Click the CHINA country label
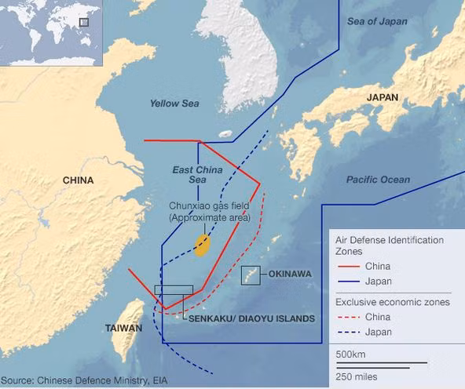(x=78, y=180)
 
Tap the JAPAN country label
(x=382, y=97)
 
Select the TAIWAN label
(x=123, y=329)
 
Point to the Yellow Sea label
(x=174, y=104)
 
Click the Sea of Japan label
(x=378, y=21)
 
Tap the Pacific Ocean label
(x=378, y=180)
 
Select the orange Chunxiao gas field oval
(x=202, y=245)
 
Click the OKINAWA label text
(x=290, y=274)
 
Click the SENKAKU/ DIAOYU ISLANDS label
(x=249, y=318)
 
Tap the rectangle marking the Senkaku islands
(x=174, y=290)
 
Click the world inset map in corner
(x=51, y=33)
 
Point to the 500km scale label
(x=350, y=354)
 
